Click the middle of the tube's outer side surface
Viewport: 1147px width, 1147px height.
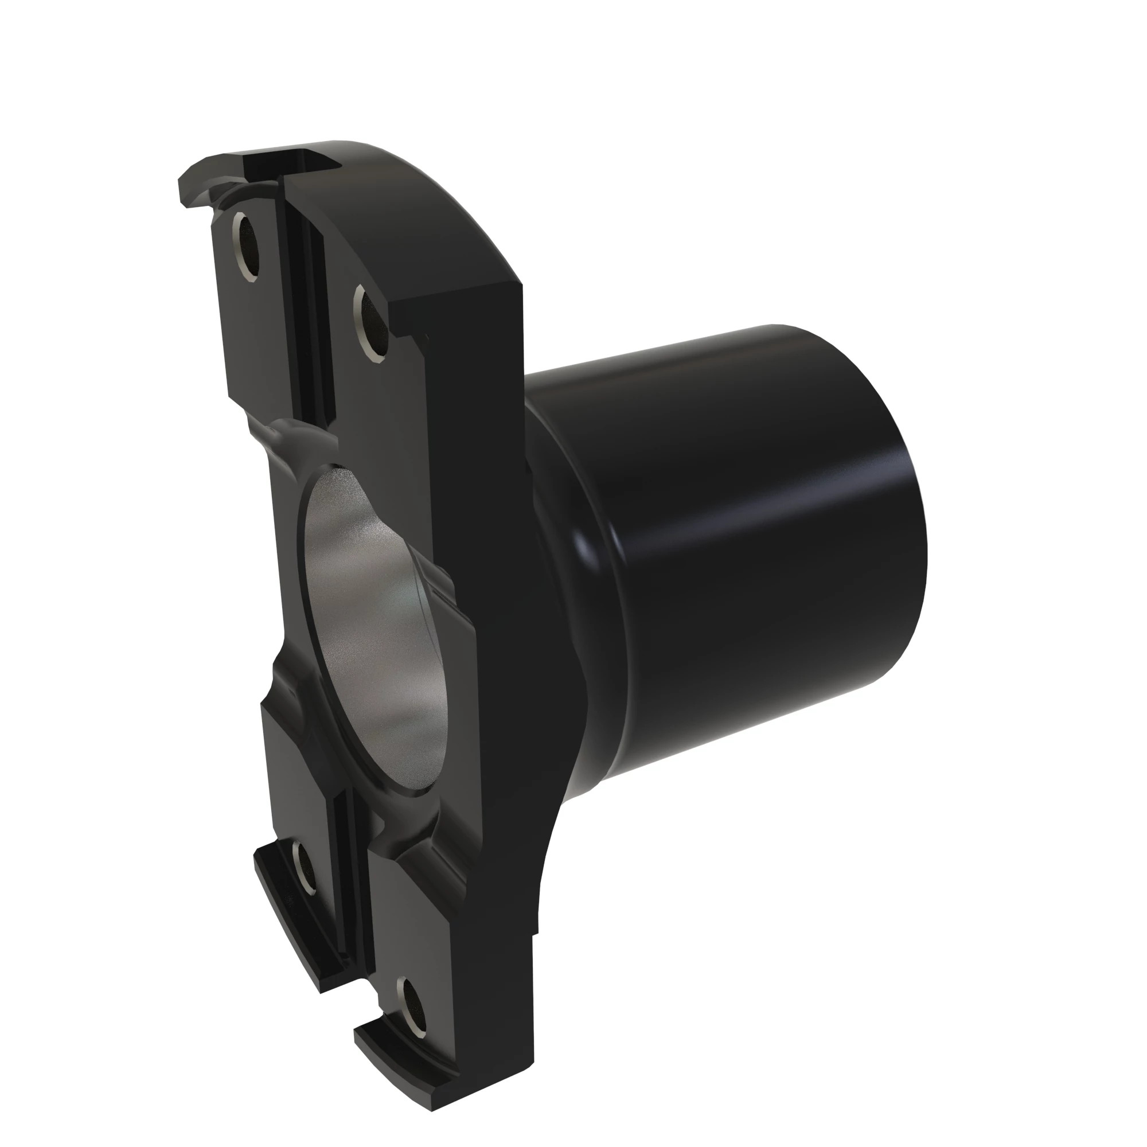[x=742, y=535]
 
